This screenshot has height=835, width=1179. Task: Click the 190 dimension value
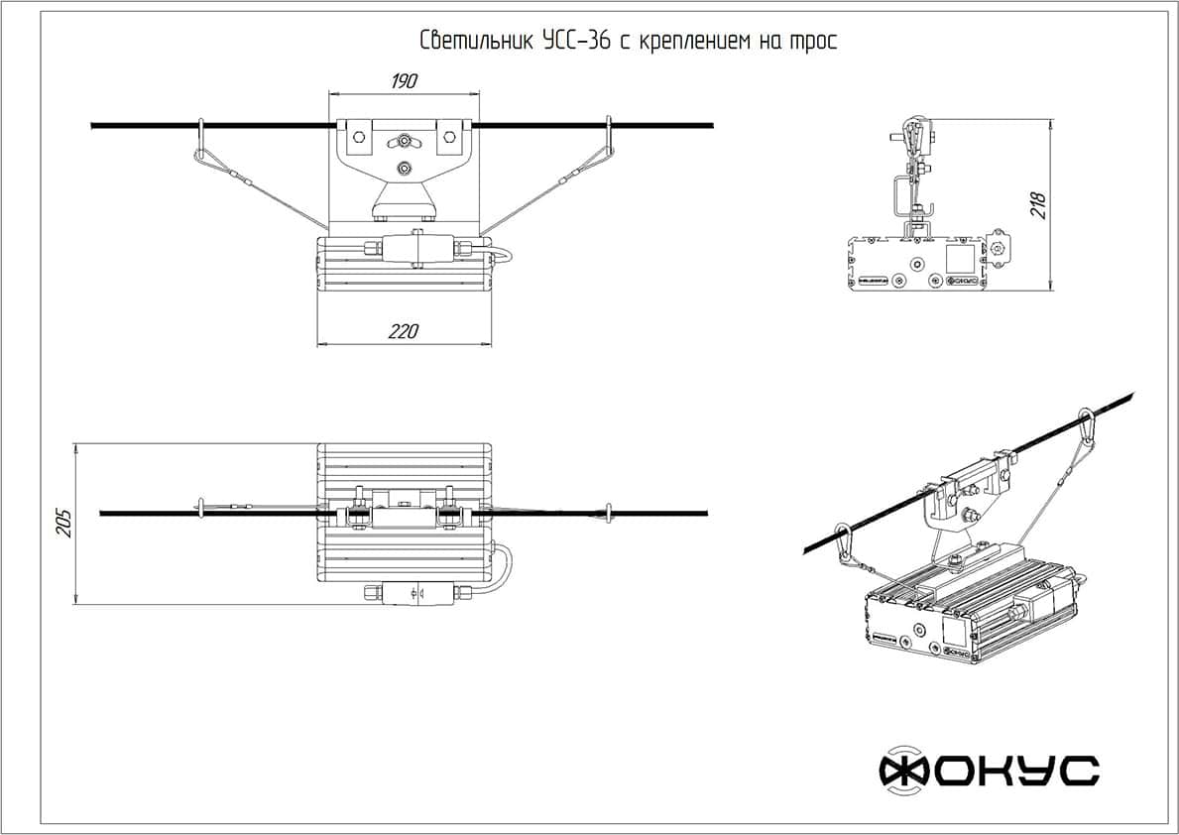pyautogui.click(x=403, y=81)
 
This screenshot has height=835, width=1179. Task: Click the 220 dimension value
pyautogui.click(x=403, y=332)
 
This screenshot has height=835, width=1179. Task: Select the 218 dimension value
pyautogui.click(x=1038, y=204)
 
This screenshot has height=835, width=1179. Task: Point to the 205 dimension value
pyautogui.click(x=64, y=523)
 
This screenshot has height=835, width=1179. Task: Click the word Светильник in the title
pyautogui.click(x=476, y=42)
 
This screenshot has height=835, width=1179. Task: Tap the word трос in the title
pyautogui.click(x=813, y=42)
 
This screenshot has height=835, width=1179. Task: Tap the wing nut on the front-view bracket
pyautogui.click(x=404, y=141)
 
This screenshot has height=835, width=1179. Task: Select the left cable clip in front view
pyautogui.click(x=201, y=139)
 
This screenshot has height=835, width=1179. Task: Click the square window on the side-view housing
pyautogui.click(x=960, y=259)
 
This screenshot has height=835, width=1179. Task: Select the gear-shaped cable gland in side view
pyautogui.click(x=999, y=247)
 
